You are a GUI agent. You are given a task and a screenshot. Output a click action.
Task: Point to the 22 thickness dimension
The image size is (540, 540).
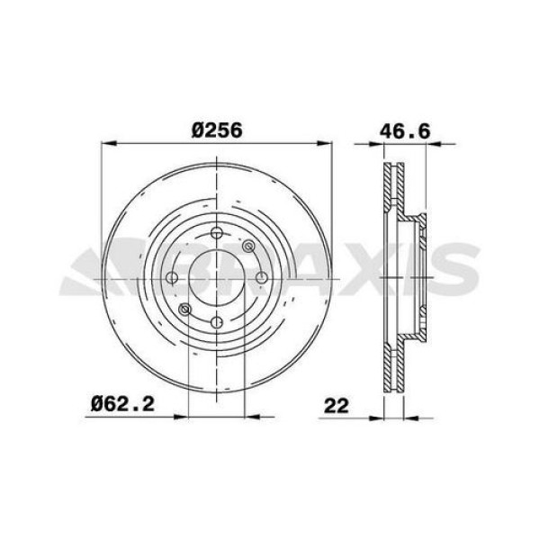pos(337,406)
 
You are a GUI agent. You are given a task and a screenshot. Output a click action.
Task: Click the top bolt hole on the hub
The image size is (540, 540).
pos(217,235)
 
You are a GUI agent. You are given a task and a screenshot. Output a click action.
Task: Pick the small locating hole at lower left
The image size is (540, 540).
pos(185,311)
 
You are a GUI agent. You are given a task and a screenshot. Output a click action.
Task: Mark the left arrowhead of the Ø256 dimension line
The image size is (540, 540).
pos(105,142)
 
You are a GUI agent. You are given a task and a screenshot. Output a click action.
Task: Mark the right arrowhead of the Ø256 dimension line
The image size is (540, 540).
pos(328,142)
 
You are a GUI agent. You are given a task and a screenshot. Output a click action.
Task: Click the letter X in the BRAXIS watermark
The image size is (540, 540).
pos(360,267)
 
